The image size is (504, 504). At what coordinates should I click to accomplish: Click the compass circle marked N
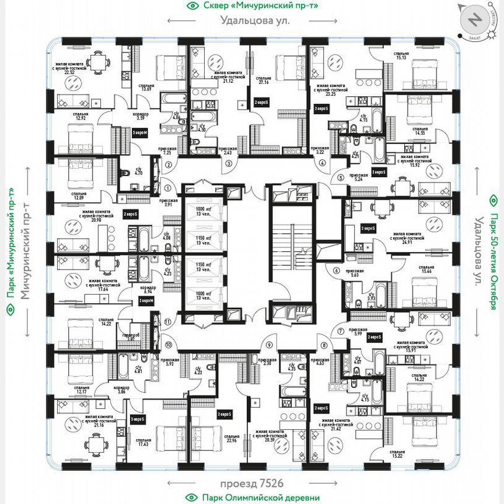[x=475, y=20]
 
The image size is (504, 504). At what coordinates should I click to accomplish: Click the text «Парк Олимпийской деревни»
[x=261, y=498]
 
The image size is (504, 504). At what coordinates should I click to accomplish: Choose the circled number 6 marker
[x=336, y=270]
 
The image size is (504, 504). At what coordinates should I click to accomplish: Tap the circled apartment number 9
[x=269, y=345]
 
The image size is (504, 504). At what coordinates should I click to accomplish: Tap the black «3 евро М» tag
[x=139, y=134]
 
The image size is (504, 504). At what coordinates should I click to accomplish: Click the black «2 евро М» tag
[x=146, y=301]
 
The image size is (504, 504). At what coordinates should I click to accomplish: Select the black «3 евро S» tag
[x=138, y=419]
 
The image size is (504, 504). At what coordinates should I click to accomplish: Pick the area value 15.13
[x=401, y=58]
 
